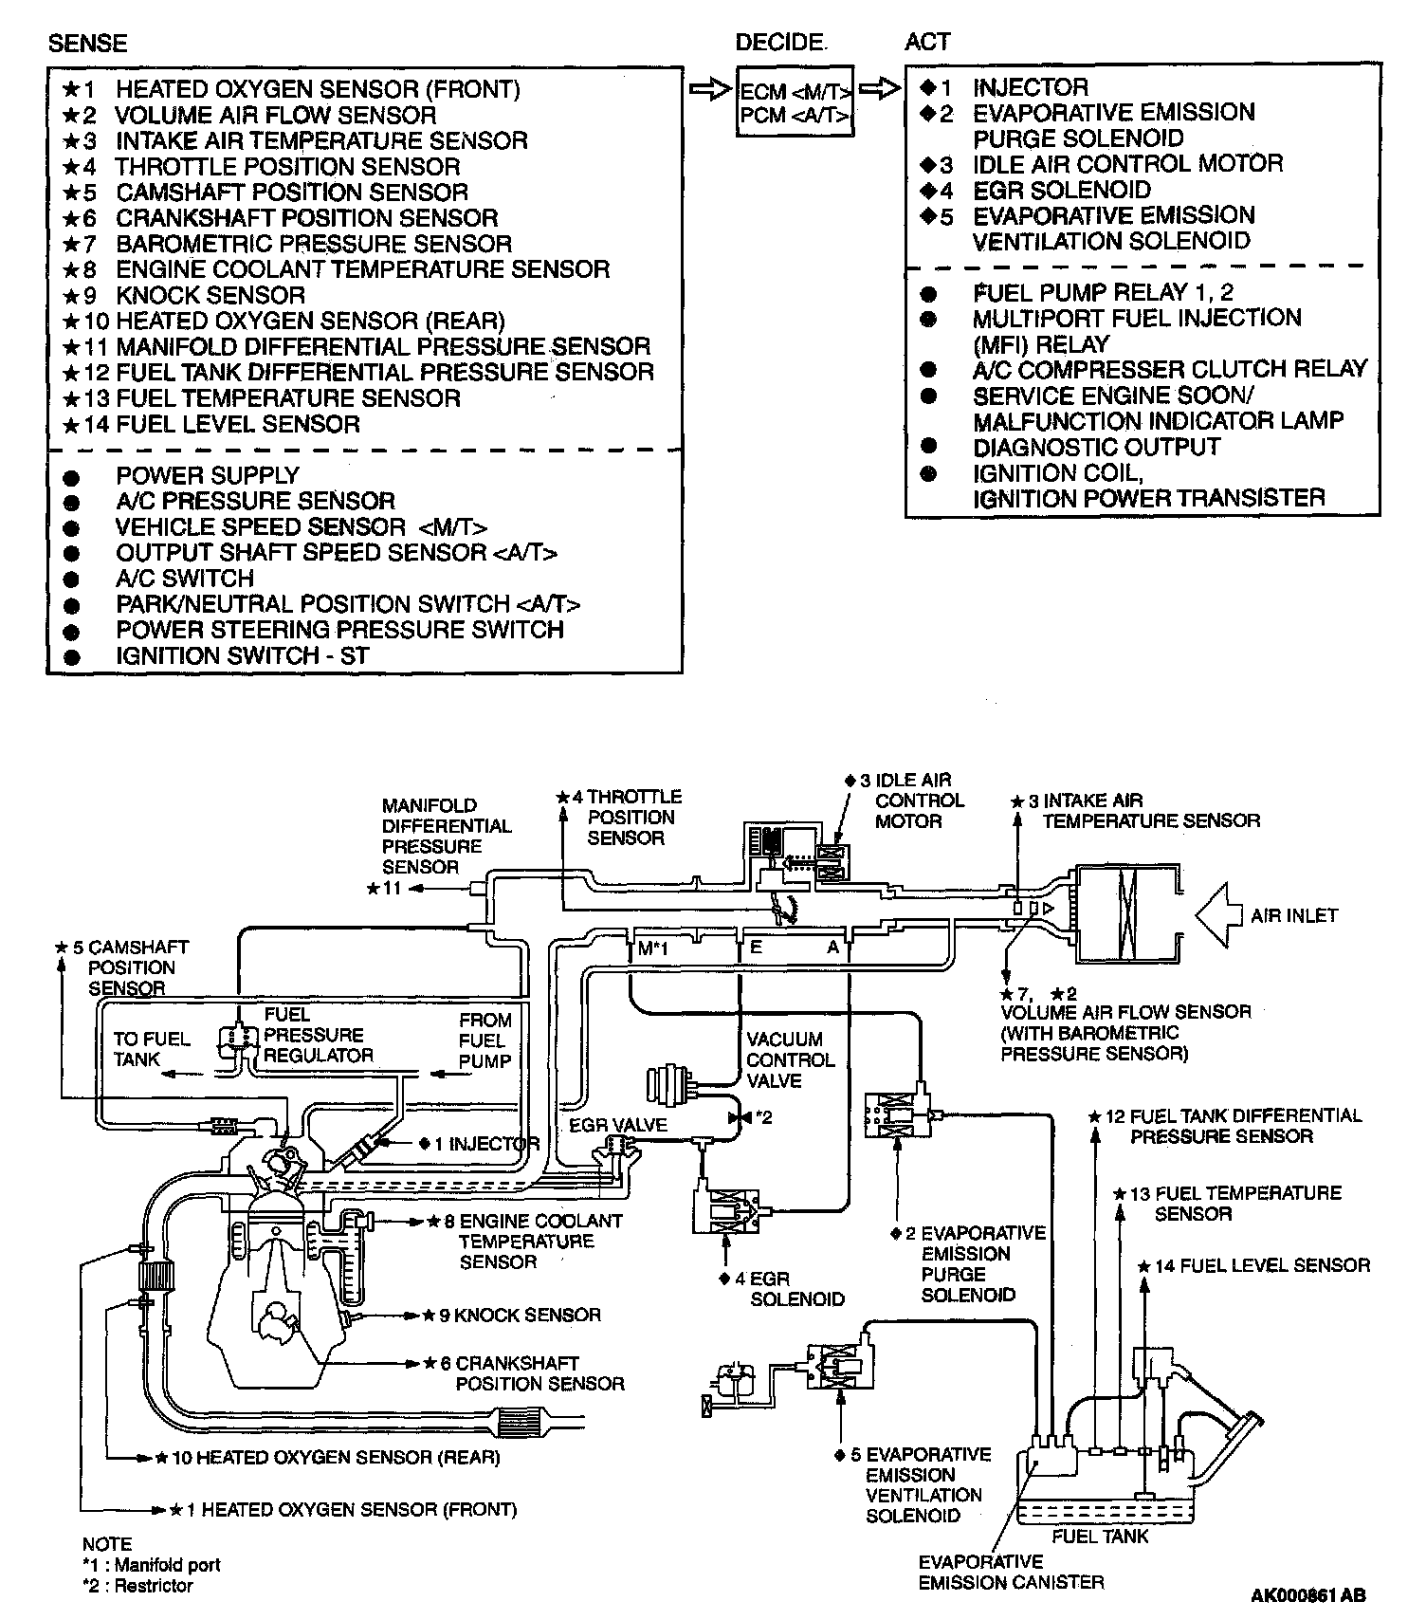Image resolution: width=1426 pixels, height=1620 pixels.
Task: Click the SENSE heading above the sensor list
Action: (x=87, y=44)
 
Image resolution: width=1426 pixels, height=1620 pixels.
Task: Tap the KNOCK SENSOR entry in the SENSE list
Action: (x=210, y=295)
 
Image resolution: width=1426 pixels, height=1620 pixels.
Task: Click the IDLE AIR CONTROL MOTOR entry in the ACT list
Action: (x=1126, y=163)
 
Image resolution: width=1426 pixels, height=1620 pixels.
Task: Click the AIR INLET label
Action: (x=1294, y=915)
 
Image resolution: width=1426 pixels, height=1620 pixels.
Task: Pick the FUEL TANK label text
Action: (x=1100, y=1536)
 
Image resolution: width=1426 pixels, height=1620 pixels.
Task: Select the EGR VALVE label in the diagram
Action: (x=618, y=1125)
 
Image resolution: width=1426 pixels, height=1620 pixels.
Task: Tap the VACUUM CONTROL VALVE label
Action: (x=790, y=1059)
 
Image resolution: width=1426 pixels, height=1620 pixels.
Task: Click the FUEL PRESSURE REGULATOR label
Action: (x=318, y=1035)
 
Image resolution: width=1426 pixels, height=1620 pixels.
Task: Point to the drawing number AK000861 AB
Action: (x=1308, y=1595)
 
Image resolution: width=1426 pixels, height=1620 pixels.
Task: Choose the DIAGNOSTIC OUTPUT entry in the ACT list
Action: (x=1096, y=447)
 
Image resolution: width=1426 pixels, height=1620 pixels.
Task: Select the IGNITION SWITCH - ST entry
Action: (x=242, y=655)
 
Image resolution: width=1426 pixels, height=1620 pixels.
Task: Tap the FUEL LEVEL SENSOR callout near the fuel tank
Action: (x=1261, y=1265)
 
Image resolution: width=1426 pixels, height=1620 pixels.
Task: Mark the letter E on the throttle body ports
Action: (x=756, y=946)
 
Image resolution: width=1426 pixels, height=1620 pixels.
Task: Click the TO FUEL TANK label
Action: (x=152, y=1049)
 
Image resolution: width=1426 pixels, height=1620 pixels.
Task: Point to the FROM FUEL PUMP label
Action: (x=484, y=1040)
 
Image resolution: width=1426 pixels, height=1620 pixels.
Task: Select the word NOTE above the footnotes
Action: (x=106, y=1544)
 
